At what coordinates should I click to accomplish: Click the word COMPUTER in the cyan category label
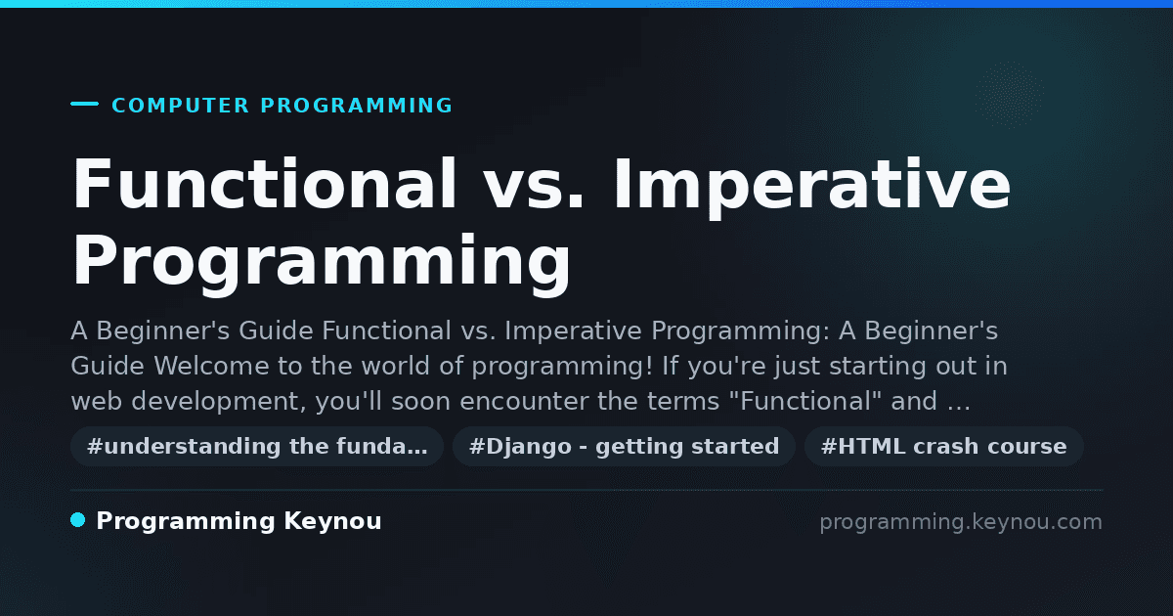(180, 106)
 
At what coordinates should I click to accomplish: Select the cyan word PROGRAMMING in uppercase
(357, 106)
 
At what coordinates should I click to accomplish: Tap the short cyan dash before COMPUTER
(84, 104)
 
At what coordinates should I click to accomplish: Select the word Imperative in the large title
(812, 188)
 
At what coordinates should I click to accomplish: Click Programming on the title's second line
(322, 265)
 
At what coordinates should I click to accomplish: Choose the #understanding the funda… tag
(257, 446)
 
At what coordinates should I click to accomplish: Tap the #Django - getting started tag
(625, 446)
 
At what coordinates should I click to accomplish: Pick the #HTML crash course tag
(943, 446)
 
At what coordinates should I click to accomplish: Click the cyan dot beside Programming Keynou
(77, 520)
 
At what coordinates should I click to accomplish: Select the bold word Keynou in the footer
(332, 522)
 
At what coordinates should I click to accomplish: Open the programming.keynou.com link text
(961, 522)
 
